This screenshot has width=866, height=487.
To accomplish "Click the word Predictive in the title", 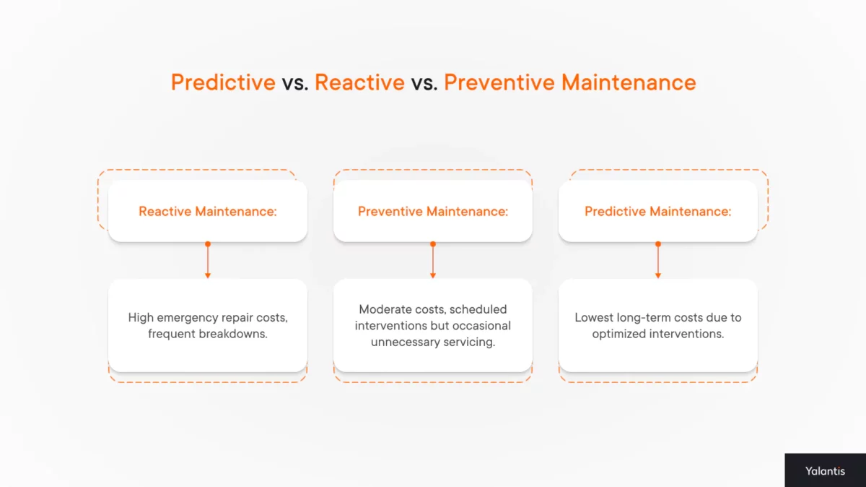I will tap(223, 82).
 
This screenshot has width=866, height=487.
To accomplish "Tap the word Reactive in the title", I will tap(359, 82).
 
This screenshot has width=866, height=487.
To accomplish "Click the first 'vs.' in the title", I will tap(295, 82).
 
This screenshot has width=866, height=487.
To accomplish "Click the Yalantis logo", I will tap(825, 470).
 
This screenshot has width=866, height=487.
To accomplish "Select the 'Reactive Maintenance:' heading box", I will tap(208, 211).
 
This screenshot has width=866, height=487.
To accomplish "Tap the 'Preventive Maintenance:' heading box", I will tap(433, 211).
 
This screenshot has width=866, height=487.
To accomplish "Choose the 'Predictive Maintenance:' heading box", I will tap(657, 211).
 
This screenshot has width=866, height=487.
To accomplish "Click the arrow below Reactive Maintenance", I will tap(208, 261).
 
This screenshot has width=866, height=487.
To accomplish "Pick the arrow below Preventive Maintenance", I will tap(433, 261).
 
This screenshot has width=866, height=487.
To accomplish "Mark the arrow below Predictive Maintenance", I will tap(657, 261).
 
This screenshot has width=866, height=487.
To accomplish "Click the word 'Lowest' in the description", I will tap(593, 318).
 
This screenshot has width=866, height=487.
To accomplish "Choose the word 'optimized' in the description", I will tap(619, 334).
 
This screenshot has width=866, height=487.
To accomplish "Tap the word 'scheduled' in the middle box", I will tap(478, 309).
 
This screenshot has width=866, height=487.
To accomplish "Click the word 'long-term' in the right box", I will tap(642, 318).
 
